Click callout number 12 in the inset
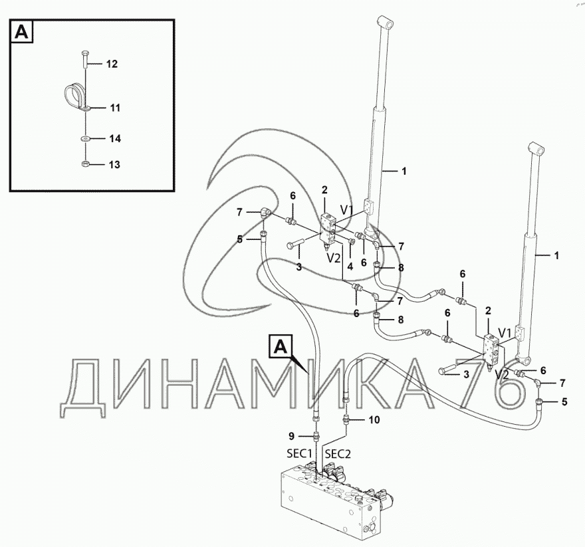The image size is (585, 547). point(112,64)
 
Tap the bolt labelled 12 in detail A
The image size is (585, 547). point(85,59)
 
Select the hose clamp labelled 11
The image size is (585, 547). point(76,98)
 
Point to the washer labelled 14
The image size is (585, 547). point(86,139)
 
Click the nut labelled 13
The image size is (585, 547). point(86,164)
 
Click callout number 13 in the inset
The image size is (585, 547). point(114,165)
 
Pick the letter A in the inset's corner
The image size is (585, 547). point(22,32)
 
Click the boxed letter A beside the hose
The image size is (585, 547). point(281,348)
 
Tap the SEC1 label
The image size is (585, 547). point(299,454)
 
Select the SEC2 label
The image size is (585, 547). point(338,454)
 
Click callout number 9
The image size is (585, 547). point(292,436)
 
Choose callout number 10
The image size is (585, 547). point(374,420)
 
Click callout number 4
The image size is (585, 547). point(350,267)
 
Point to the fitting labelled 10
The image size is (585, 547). point(346,421)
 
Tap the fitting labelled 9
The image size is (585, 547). point(316,436)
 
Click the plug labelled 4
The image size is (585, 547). point(352,243)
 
